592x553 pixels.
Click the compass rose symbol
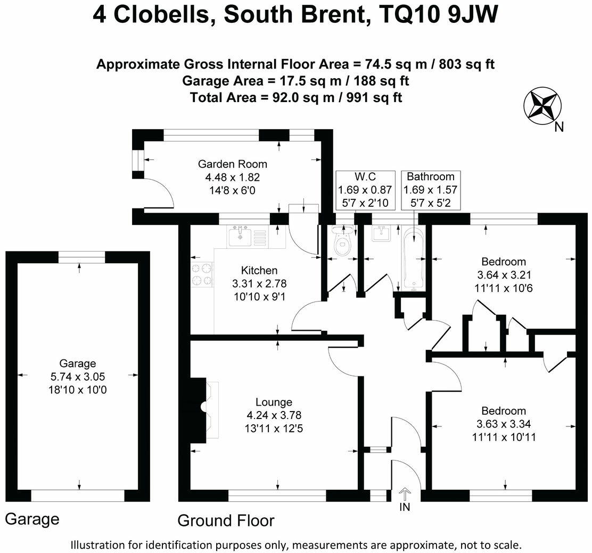coord(542,105)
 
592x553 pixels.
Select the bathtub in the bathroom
coord(413,258)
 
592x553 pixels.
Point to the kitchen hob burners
coord(202,275)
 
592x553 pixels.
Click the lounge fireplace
coord(205,407)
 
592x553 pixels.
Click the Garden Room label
coord(233,164)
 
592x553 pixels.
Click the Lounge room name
coord(274,402)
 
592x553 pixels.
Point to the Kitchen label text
coord(259,271)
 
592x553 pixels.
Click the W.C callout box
coord(365,189)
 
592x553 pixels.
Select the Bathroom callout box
coord(431,189)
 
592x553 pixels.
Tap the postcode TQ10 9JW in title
coord(441,15)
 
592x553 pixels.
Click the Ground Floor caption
coord(226,520)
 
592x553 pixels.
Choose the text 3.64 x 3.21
coord(503,275)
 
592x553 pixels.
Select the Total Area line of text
coord(295,98)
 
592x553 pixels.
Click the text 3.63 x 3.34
coord(503,424)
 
